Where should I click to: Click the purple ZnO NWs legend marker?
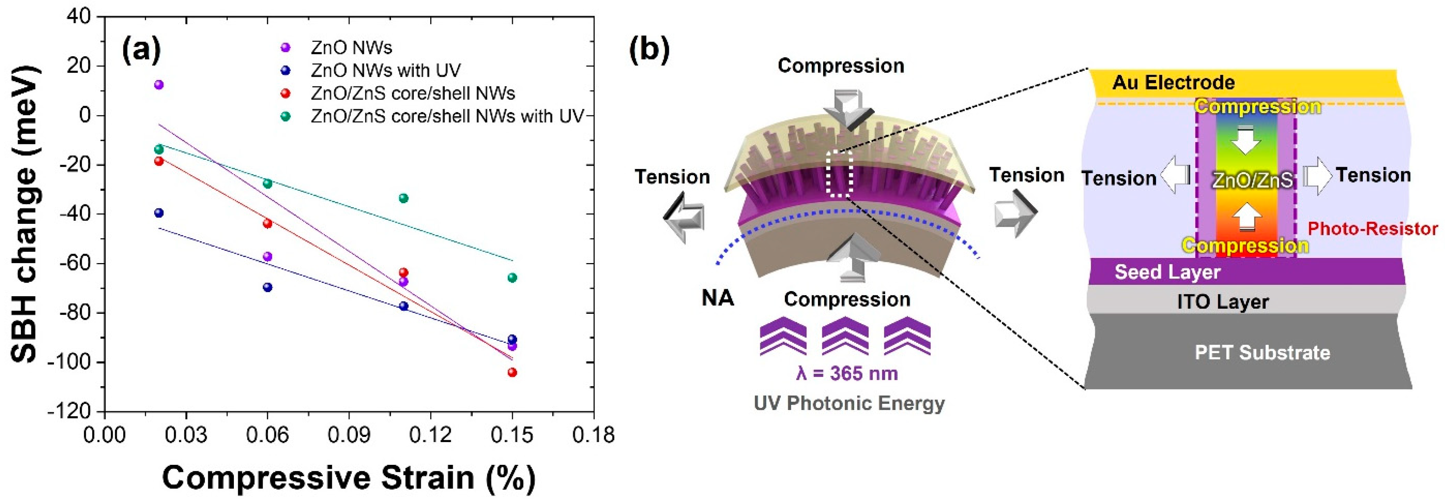286,48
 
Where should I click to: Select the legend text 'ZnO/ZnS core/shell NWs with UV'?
447,116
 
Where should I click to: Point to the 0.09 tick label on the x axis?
349,435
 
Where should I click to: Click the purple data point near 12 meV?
159,85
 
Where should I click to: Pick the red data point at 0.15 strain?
512,372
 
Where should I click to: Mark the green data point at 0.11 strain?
403,198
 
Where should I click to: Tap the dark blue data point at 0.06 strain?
268,287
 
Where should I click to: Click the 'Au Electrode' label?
1173,83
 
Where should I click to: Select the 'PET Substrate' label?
1262,352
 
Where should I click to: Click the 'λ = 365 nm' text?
847,373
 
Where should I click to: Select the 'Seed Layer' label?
1167,272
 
